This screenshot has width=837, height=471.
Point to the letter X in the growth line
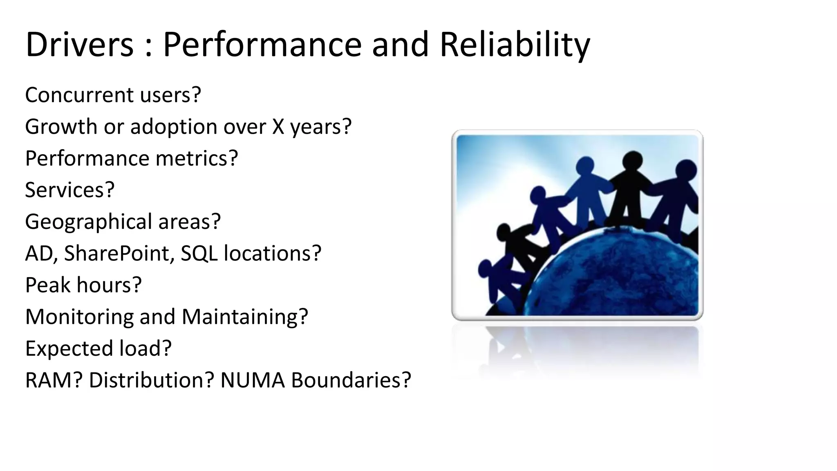point(278,127)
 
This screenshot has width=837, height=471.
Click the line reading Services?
point(69,190)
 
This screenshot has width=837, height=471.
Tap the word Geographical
point(88,222)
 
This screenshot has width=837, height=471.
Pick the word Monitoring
point(79,317)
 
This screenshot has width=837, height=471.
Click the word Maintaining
point(244,317)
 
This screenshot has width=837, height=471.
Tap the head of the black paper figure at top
point(633,160)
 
